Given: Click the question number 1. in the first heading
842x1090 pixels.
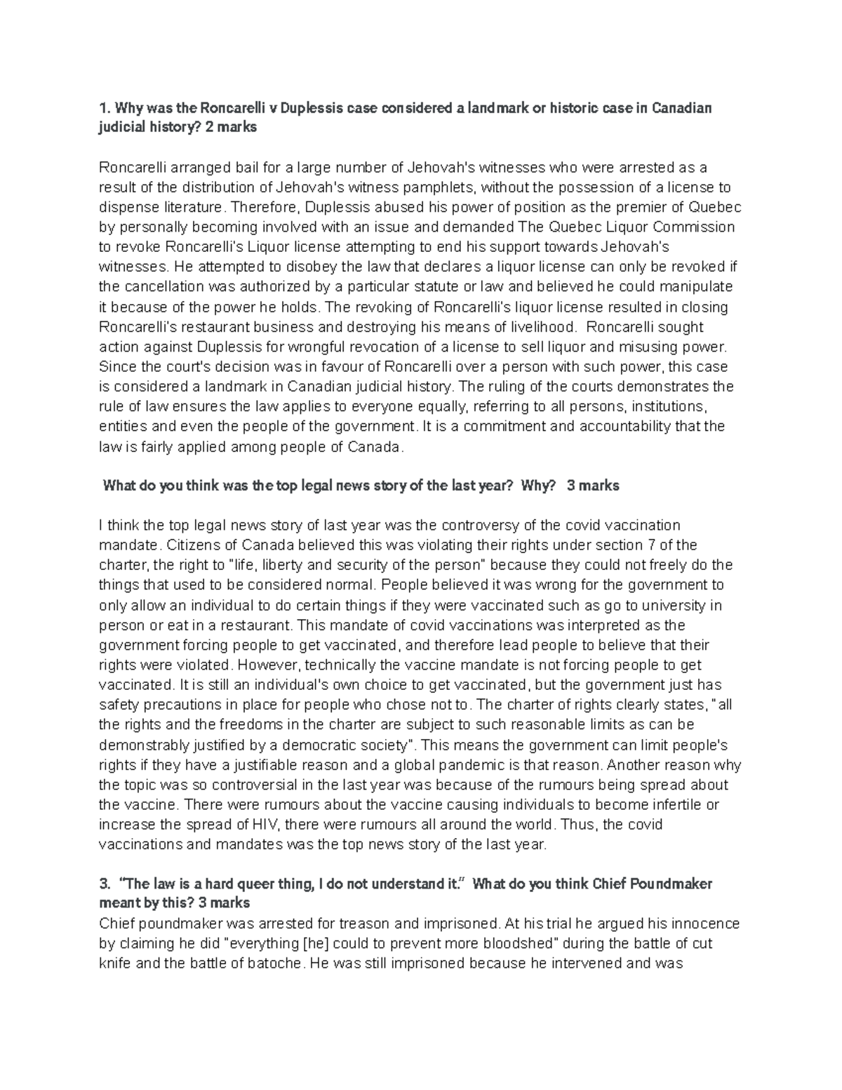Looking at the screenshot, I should [x=104, y=108].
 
